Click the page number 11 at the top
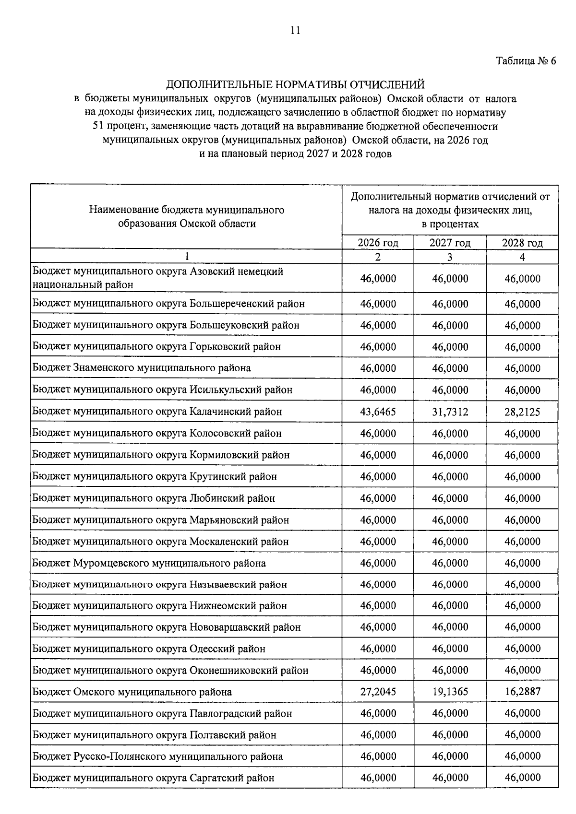click(295, 31)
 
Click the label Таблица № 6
click(526, 61)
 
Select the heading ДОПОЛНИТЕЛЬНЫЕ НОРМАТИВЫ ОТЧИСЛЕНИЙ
click(295, 85)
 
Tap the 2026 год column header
click(378, 243)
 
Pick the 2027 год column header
click(450, 243)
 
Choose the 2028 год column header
click(522, 243)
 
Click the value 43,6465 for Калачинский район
click(378, 412)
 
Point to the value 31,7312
click(450, 412)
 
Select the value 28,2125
click(522, 412)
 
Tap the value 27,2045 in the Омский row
click(378, 692)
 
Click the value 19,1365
click(450, 692)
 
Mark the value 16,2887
click(522, 692)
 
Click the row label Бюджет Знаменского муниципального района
click(142, 368)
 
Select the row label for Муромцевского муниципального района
click(149, 563)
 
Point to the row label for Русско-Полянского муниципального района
click(158, 756)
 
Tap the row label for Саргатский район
click(153, 778)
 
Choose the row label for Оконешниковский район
click(170, 670)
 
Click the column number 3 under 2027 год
click(450, 257)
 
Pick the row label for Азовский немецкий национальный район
click(158, 278)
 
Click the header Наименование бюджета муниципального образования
click(187, 217)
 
